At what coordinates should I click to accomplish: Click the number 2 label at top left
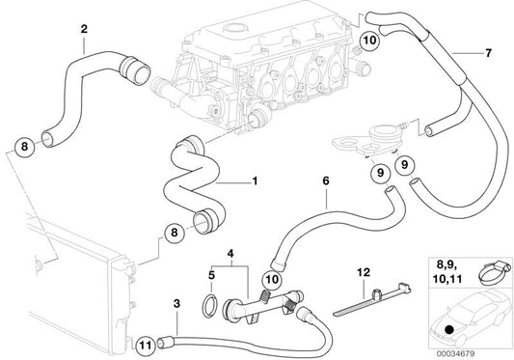[84, 28]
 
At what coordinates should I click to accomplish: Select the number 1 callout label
[255, 181]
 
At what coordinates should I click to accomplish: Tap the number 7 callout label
[489, 52]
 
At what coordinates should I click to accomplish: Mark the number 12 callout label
[363, 274]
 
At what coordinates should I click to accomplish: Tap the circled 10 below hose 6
[271, 280]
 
